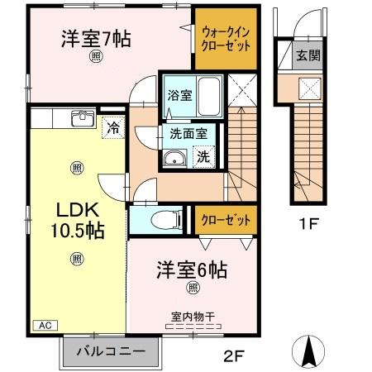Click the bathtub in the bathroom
pos(209,95)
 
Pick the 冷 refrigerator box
pos(112,128)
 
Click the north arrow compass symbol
pos(311,352)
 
